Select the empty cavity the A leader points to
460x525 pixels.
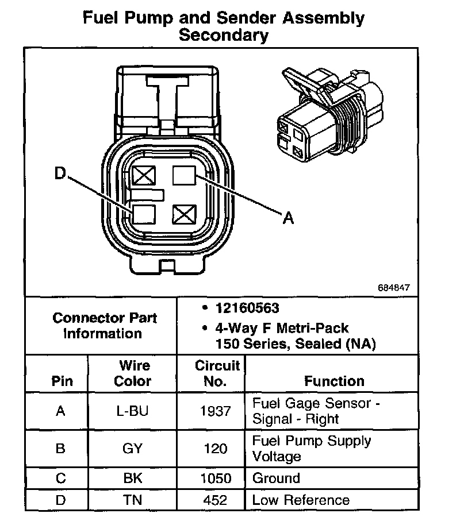click(184, 175)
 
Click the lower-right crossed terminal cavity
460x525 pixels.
click(184, 214)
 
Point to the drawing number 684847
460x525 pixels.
click(394, 287)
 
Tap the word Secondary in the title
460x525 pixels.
click(224, 36)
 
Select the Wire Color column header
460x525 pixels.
click(133, 373)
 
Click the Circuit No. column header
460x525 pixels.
click(217, 373)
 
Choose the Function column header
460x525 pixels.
click(334, 381)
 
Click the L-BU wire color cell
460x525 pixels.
click(133, 411)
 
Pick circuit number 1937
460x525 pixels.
click(216, 411)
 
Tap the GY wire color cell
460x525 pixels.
click(133, 449)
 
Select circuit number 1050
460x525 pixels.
click(216, 478)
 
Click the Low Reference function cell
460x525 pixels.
click(301, 500)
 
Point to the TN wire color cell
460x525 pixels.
click(133, 500)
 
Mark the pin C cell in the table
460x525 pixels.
click(60, 478)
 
